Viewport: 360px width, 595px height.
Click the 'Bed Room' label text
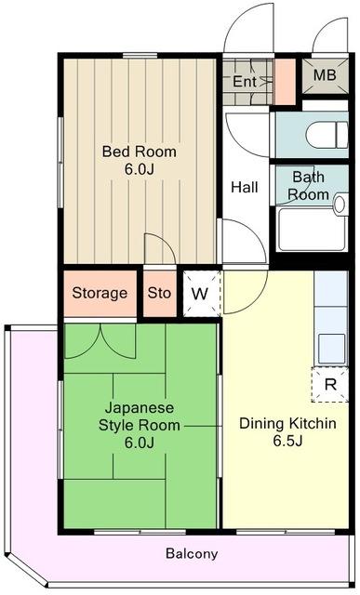click(x=139, y=152)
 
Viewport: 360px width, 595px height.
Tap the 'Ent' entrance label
click(x=245, y=82)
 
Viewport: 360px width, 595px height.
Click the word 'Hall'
click(x=245, y=187)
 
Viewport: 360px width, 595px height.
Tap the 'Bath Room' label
click(x=308, y=185)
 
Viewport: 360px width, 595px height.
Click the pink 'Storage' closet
click(x=100, y=294)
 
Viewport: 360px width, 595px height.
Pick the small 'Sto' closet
click(x=160, y=294)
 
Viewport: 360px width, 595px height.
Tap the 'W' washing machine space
click(x=200, y=294)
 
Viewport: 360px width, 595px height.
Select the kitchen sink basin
click(x=331, y=347)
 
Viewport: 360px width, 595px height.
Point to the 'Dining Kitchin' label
click(x=287, y=424)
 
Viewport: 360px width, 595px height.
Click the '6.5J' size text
click(x=287, y=442)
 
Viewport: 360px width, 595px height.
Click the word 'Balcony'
click(x=192, y=554)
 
